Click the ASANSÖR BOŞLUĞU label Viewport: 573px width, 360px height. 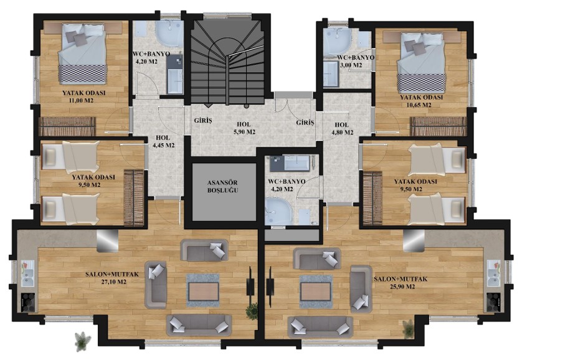pos(222,186)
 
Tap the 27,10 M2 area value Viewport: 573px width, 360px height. pos(113,282)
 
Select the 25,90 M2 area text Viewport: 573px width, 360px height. pos(402,287)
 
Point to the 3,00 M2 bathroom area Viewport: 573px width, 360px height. pos(351,65)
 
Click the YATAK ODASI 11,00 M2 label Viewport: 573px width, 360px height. pos(83,97)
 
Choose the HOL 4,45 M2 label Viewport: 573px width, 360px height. pos(163,141)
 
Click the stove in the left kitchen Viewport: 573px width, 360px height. pos(28,303)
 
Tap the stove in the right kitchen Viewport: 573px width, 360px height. pos(493,303)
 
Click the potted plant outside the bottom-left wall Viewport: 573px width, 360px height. pos(83,341)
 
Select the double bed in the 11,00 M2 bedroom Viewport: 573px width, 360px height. pos(83,54)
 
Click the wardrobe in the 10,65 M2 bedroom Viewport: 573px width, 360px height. pos(438,126)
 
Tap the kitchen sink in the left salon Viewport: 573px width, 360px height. pos(28,274)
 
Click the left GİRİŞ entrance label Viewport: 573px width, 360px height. pos(203,120)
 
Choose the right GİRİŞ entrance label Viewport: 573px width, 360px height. pos(305,123)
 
